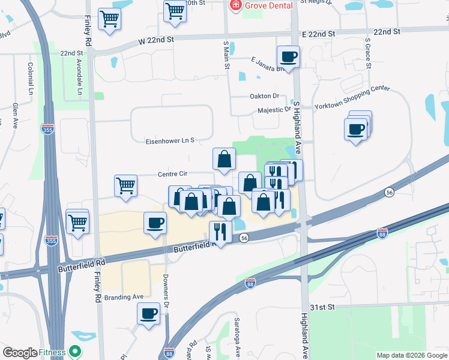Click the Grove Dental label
tap(268, 5)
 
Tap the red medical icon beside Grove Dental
tap(235, 5)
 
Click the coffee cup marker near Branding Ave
tap(148, 313)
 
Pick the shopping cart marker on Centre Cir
tap(126, 185)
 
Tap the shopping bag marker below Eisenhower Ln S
tap(224, 160)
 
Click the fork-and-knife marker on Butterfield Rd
tap(220, 232)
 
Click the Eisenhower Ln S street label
tap(170, 141)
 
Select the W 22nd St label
tap(155, 40)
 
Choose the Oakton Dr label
tap(265, 96)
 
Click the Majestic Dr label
tap(274, 110)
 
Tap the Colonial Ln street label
tap(29, 79)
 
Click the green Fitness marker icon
tap(76, 352)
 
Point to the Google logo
tap(20, 353)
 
